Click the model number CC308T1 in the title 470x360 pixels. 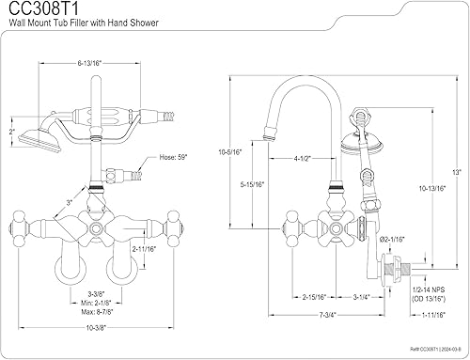click(43, 8)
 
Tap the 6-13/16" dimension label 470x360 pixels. click(90, 63)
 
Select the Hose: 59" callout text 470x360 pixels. click(173, 157)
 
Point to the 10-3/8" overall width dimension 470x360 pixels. click(96, 328)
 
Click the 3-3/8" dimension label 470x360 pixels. click(96, 294)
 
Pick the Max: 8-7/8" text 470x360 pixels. click(97, 312)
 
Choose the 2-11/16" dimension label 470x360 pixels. click(144, 249)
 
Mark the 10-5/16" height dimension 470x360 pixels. click(230, 152)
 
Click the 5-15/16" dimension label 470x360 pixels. click(252, 184)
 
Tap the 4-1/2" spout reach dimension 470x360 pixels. click(302, 159)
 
